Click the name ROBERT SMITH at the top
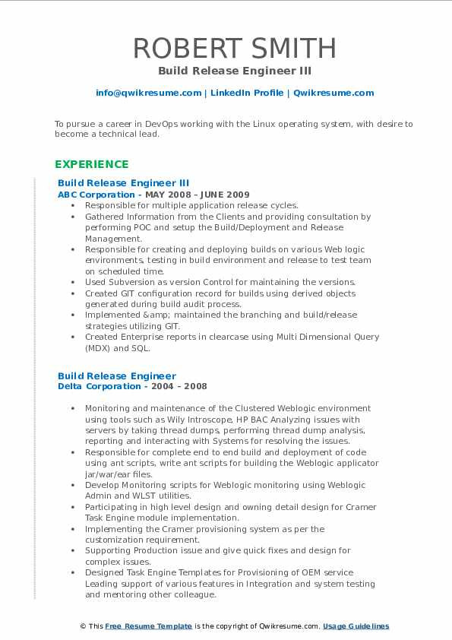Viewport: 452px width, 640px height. (x=235, y=48)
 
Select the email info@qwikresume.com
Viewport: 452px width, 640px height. (x=148, y=93)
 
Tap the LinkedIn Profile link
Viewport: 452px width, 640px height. (x=247, y=93)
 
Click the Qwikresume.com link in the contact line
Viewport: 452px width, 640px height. (x=333, y=93)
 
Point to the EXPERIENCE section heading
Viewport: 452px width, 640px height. (x=92, y=164)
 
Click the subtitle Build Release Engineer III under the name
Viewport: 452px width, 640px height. (x=235, y=71)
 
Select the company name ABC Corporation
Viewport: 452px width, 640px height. (x=96, y=195)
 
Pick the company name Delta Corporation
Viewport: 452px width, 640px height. (x=99, y=386)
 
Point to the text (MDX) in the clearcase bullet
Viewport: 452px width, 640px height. (x=99, y=347)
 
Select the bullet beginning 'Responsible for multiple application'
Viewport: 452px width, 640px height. (x=191, y=205)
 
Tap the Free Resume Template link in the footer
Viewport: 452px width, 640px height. (x=148, y=626)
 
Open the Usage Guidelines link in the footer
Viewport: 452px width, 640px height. (x=356, y=626)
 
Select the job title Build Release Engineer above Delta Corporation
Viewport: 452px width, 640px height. (x=117, y=375)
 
